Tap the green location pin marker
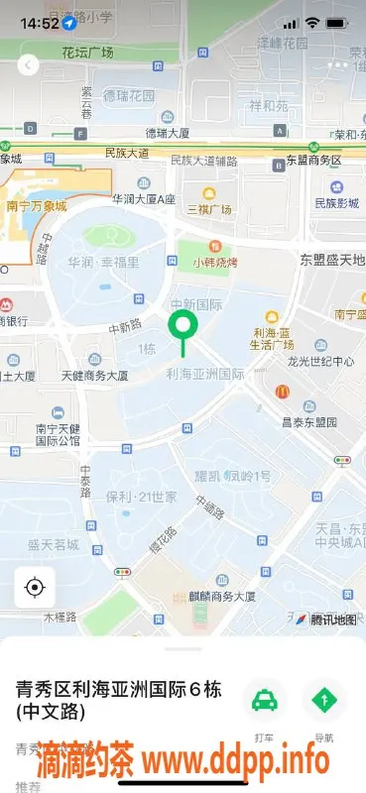pos(182,326)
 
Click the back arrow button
pos(28,65)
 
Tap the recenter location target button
pos(35,588)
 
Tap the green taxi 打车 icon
pos(264,701)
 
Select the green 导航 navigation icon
pos(324,701)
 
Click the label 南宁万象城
pos(37,206)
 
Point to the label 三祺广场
pos(209,209)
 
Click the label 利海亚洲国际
pos(205,374)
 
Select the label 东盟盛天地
pos(331,260)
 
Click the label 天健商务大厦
pos(95,376)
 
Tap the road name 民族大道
pos(126,154)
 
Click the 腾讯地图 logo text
pos(332,620)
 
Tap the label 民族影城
pos(336,203)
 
